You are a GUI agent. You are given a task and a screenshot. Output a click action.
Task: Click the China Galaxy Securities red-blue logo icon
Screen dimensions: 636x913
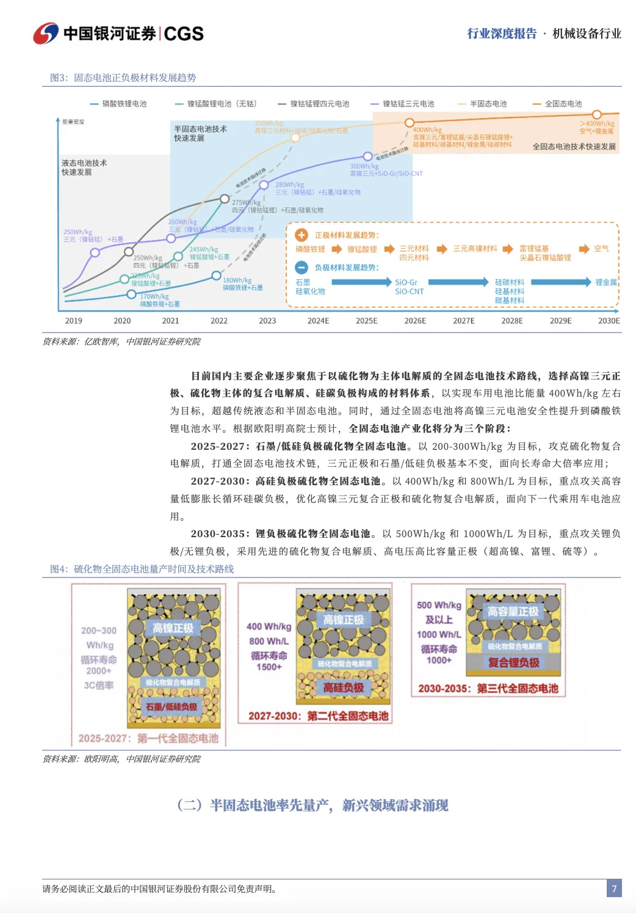[x=46, y=34]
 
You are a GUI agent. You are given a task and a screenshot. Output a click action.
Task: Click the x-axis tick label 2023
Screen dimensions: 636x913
[x=267, y=321]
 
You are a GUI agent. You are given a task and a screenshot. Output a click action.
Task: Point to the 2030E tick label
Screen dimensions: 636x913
[x=609, y=321]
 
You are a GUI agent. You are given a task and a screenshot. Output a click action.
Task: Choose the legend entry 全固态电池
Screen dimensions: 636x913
[x=563, y=104]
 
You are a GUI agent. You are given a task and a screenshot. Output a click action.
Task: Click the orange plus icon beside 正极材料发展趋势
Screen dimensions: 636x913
[x=302, y=235]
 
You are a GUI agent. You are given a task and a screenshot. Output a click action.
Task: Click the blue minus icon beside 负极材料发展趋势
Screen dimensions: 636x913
[x=302, y=267]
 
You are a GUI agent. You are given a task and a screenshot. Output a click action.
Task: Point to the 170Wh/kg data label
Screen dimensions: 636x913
[x=154, y=296]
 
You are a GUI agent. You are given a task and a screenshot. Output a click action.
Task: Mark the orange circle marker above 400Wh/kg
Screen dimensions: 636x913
[x=410, y=123]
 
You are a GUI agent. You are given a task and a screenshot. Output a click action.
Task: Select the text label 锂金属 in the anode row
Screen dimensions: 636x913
[x=606, y=282]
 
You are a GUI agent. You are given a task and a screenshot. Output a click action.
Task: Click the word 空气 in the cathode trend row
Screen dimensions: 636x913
[x=601, y=249]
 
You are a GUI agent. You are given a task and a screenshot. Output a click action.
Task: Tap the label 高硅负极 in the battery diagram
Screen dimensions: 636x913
[x=343, y=687]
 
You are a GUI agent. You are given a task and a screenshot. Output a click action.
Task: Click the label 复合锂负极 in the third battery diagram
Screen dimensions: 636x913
[x=514, y=662]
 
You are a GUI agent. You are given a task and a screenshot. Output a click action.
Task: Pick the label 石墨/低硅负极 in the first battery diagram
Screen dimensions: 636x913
[x=172, y=707]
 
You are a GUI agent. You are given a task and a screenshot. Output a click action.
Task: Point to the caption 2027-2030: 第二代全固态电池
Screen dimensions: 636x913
[x=318, y=716]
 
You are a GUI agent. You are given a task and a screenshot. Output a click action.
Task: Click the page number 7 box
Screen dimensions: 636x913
[x=614, y=889]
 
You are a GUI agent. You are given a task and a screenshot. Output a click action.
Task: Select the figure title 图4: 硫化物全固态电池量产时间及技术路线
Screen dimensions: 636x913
[x=142, y=569]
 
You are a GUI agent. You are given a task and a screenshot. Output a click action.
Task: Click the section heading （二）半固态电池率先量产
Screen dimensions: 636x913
[x=313, y=805]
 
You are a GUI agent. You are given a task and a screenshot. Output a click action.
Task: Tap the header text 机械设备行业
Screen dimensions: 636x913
[x=587, y=34]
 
